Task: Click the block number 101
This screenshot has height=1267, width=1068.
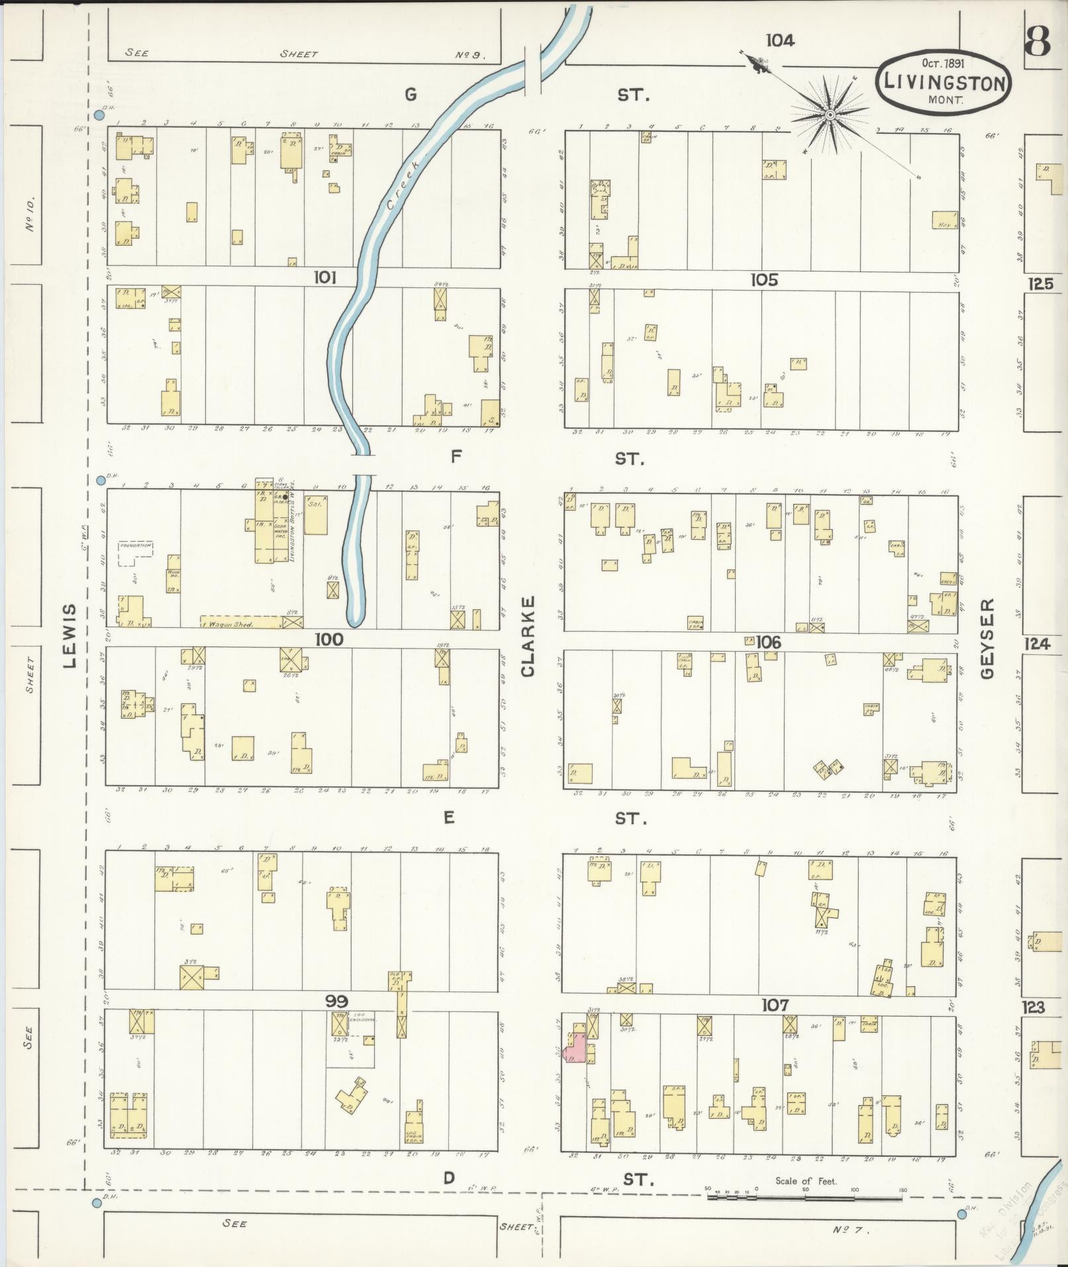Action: tap(324, 278)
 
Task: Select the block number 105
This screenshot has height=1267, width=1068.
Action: tap(763, 280)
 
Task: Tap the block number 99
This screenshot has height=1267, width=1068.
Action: tap(337, 1001)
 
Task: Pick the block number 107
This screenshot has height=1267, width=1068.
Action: tap(775, 1005)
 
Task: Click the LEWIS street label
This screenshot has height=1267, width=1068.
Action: tap(72, 636)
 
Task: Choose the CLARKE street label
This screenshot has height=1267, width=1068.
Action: tap(528, 636)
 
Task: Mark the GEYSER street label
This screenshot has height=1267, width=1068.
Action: tap(988, 638)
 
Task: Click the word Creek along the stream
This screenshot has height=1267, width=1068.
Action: tap(402, 185)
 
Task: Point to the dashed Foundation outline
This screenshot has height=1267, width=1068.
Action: tap(136, 552)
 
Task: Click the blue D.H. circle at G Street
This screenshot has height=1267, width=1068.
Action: tap(99, 115)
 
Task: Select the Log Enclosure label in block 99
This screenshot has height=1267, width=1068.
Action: tap(364, 1018)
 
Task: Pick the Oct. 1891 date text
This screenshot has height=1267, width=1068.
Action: tap(943, 64)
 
